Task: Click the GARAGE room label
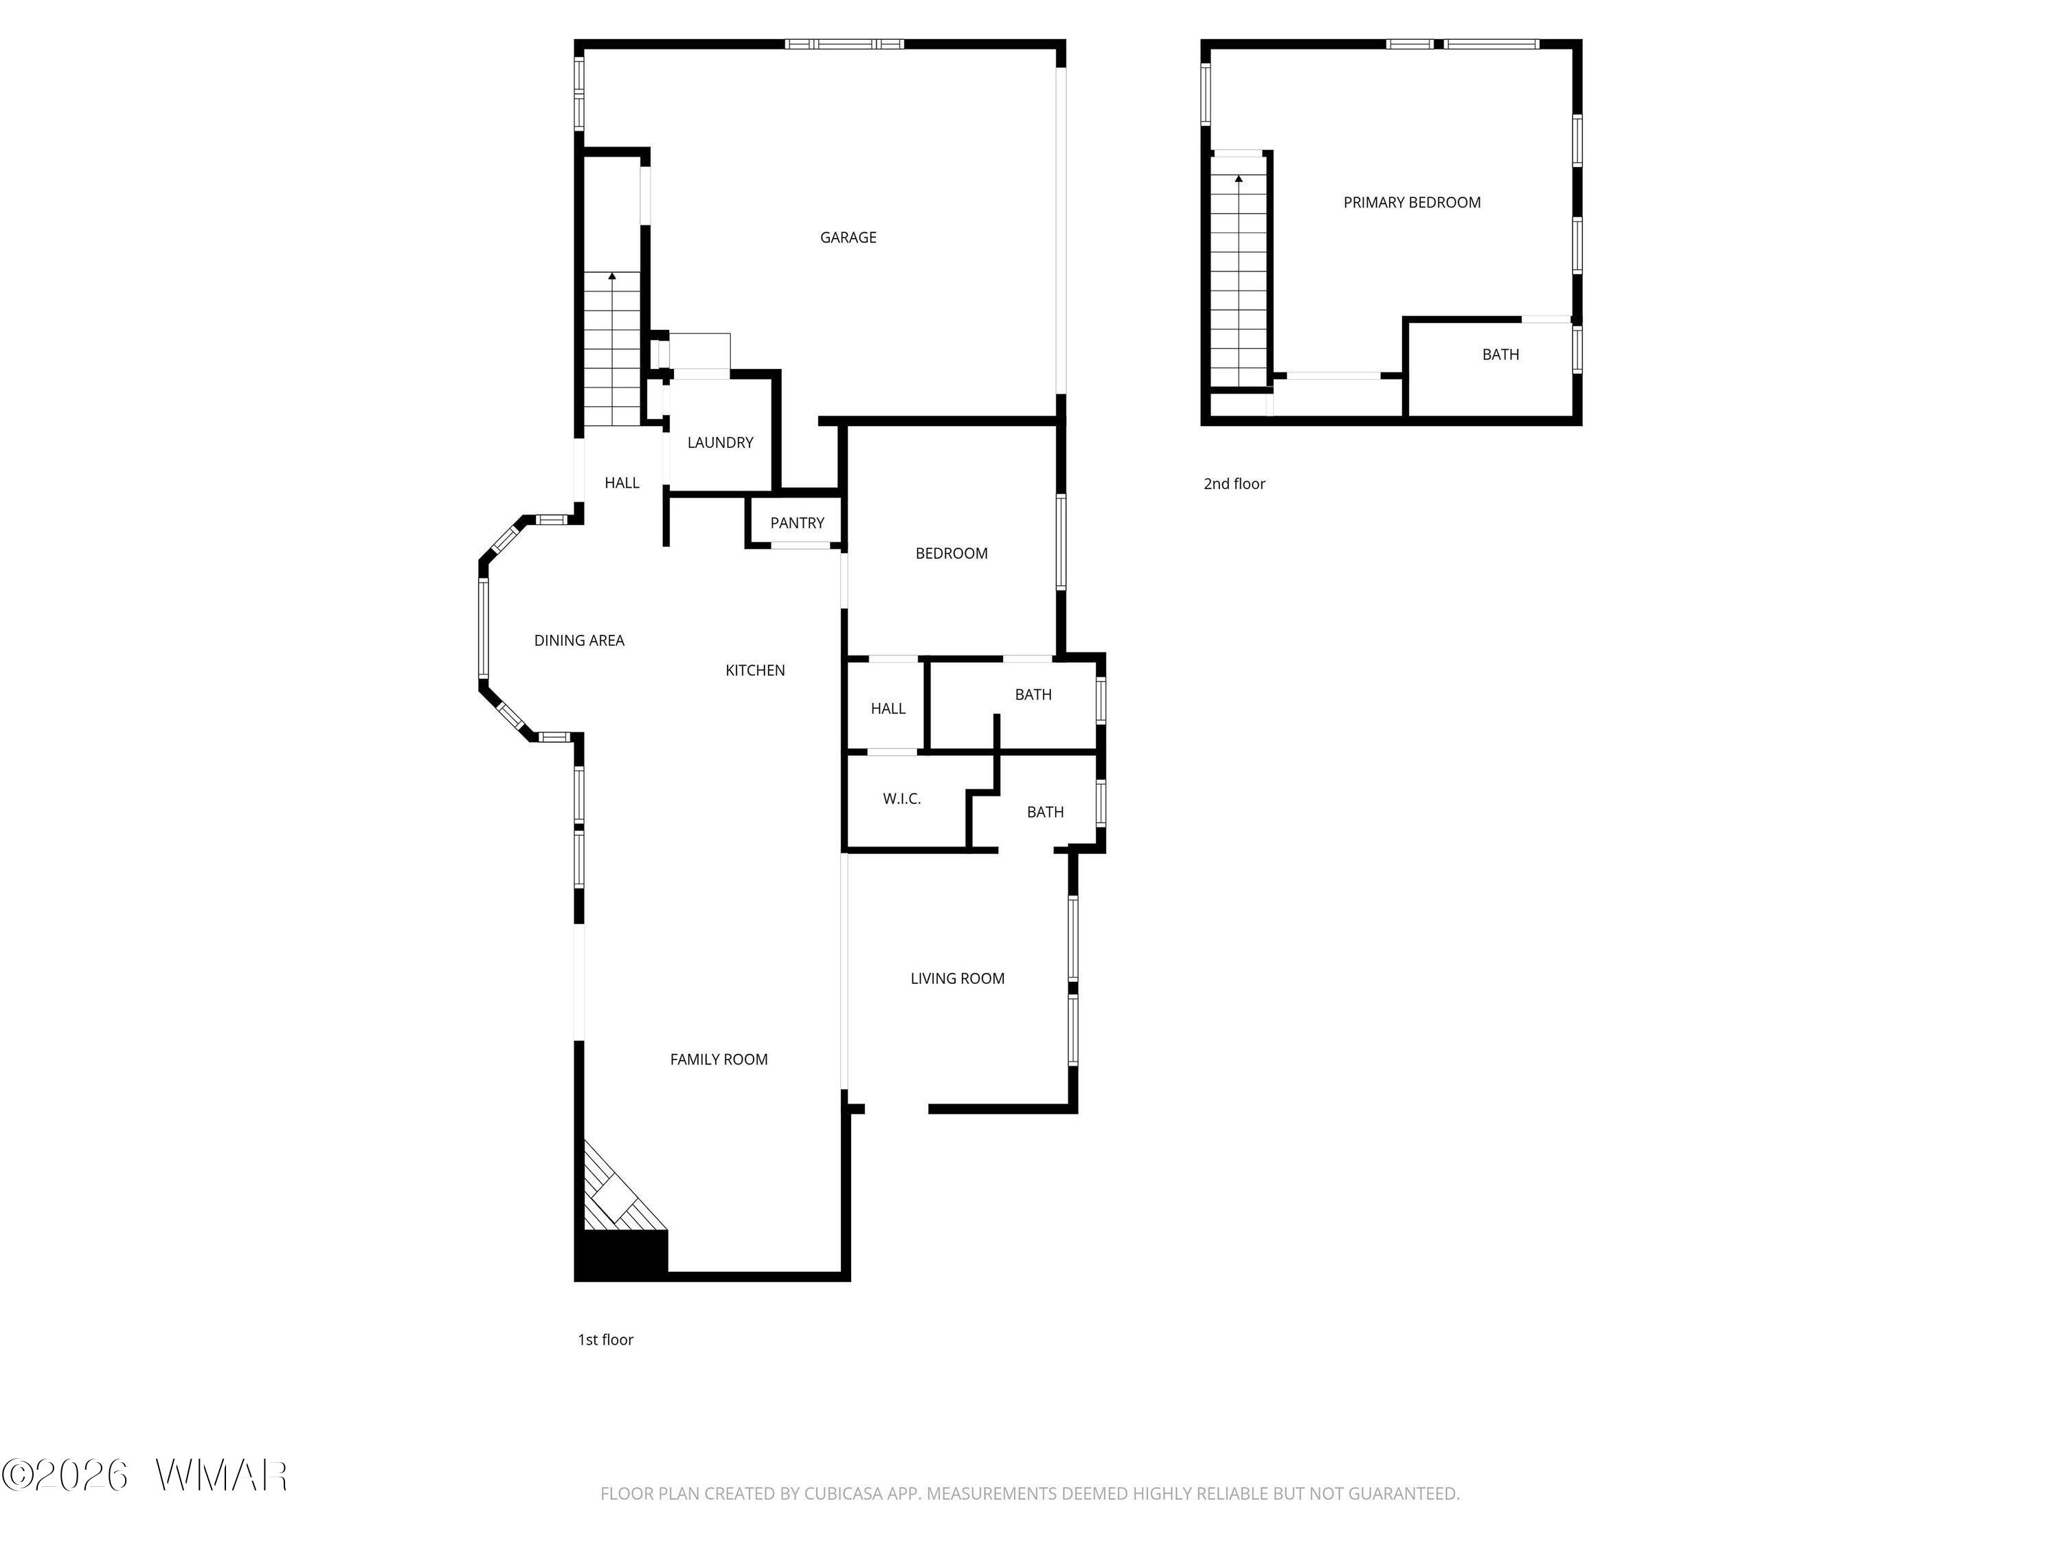[x=848, y=238]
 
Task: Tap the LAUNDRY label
[x=720, y=442]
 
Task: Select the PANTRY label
[x=798, y=523]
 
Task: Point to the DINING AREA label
[x=578, y=640]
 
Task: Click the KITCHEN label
[x=756, y=670]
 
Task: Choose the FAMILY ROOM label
[x=719, y=1059]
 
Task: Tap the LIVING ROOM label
[x=958, y=978]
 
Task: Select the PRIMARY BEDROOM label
[x=1412, y=202]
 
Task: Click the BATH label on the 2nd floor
[x=1501, y=354]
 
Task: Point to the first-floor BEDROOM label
[x=951, y=554]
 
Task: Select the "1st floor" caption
[x=606, y=1339]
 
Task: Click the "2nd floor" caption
[x=1235, y=484]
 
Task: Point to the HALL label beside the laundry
[x=622, y=483]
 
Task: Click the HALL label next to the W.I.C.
[x=888, y=709]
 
